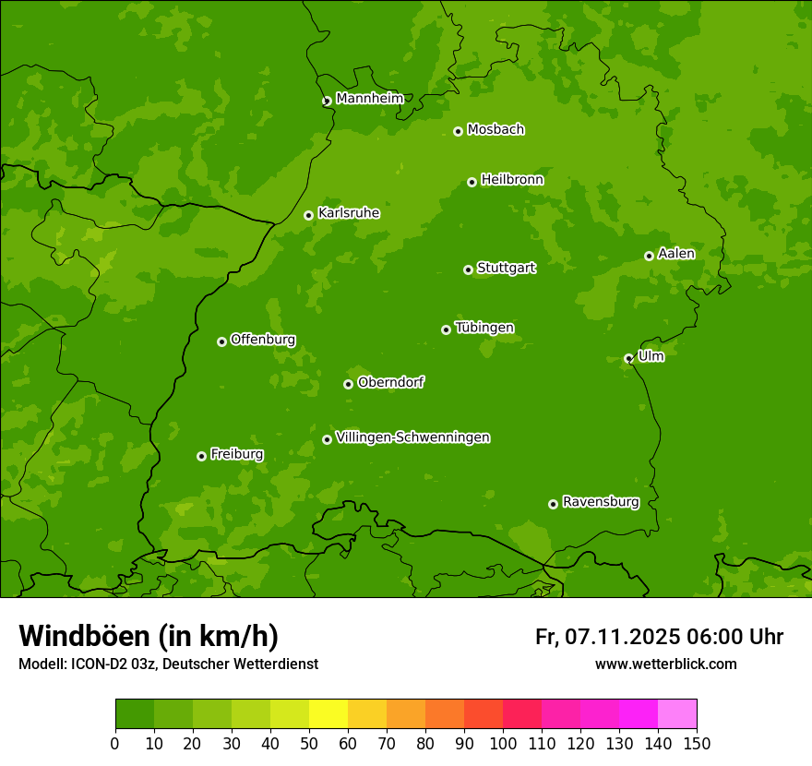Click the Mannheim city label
click(x=369, y=99)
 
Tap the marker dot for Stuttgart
click(x=468, y=269)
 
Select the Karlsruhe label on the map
click(x=348, y=213)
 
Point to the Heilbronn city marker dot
click(x=472, y=182)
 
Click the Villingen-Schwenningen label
click(x=412, y=437)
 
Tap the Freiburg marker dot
click(x=201, y=456)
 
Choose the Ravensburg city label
click(x=601, y=502)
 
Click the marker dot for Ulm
click(x=628, y=358)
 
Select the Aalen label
click(x=676, y=254)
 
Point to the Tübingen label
click(x=484, y=328)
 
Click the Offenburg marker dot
click(x=221, y=341)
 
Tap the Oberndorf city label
click(x=390, y=382)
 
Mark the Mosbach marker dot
click(x=458, y=131)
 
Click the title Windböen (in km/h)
click(x=149, y=636)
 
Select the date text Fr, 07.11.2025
click(x=607, y=637)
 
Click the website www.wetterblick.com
click(x=665, y=664)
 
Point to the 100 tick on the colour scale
click(x=503, y=743)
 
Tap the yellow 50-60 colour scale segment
click(x=328, y=713)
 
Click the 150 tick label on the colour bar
click(x=697, y=743)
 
